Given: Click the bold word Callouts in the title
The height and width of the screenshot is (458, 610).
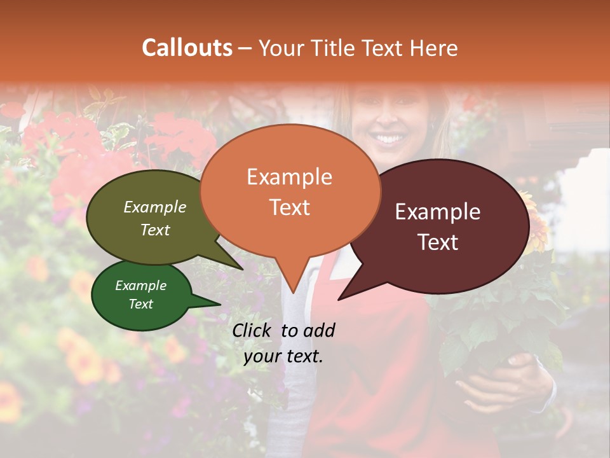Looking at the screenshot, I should point(187,48).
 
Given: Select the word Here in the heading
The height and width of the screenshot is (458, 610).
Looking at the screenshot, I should point(435,48).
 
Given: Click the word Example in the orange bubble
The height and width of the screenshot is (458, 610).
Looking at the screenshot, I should point(289,177).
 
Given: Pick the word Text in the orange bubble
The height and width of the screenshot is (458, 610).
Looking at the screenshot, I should point(289,207).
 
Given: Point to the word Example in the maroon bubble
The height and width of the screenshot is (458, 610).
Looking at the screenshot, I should point(438,212).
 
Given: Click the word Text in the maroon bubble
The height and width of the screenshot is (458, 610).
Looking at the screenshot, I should point(438,242).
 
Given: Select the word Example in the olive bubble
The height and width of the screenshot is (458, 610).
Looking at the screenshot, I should point(154,207).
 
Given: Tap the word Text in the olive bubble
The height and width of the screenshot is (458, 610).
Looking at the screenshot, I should point(154,230).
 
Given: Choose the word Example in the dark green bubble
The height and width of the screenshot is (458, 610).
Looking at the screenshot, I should point(140,286).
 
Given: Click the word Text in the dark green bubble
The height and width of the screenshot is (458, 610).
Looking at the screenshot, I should point(140,304).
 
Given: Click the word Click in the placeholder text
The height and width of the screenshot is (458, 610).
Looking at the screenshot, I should point(254,330).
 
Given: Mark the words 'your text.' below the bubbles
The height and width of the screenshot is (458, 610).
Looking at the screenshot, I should point(283,357).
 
